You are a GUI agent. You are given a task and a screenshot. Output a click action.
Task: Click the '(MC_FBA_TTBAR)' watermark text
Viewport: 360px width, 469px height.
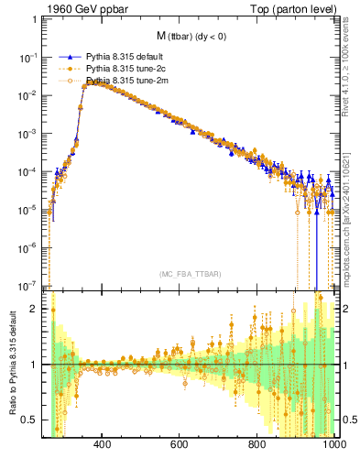(191, 274)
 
